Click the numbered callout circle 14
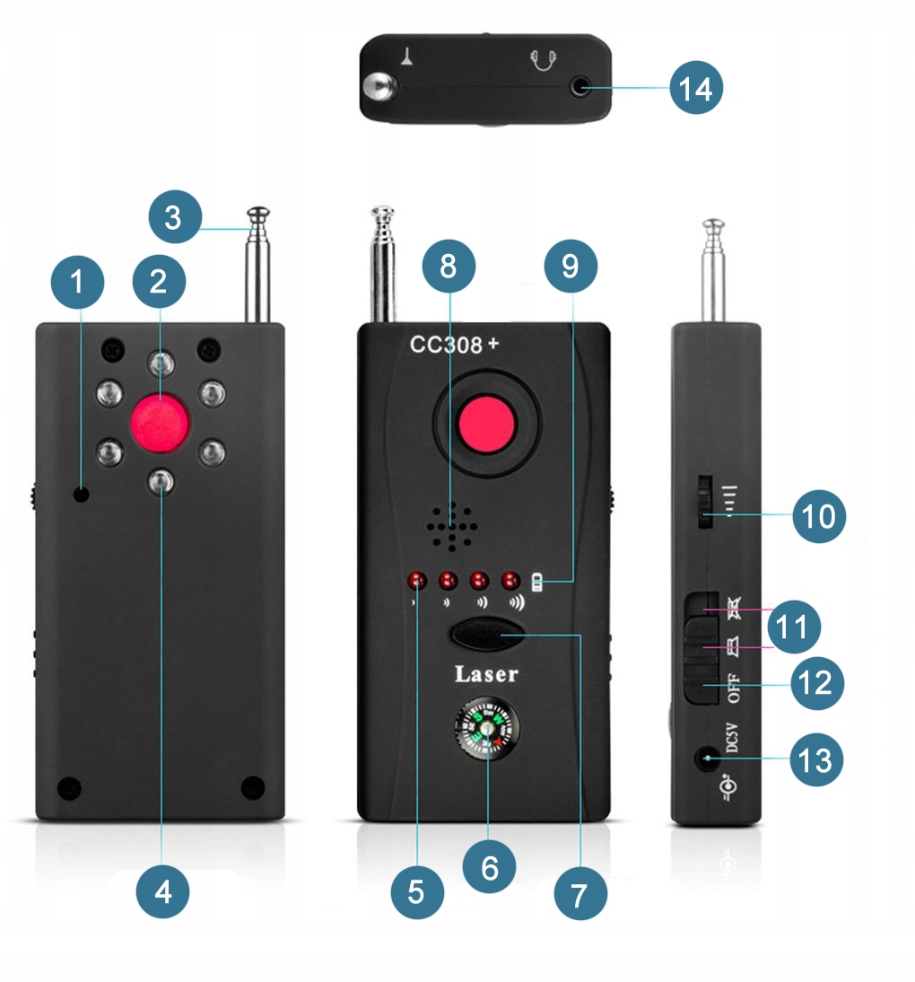pos(696,88)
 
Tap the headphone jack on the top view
pos(581,86)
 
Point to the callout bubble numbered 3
pos(175,216)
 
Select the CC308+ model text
pos(455,344)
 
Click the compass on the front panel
pos(487,728)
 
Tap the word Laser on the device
pos(486,674)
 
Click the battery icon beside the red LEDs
pos(537,583)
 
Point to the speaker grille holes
pos(452,526)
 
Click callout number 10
pos(819,517)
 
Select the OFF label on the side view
pos(734,688)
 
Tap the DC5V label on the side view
pos(732,737)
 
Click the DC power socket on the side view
pos(707,758)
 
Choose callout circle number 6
pos(490,867)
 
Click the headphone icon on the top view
pos(544,60)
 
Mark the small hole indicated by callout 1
pos(81,494)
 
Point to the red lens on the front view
pos(487,425)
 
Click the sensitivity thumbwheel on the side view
pos(705,502)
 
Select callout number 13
pos(816,760)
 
